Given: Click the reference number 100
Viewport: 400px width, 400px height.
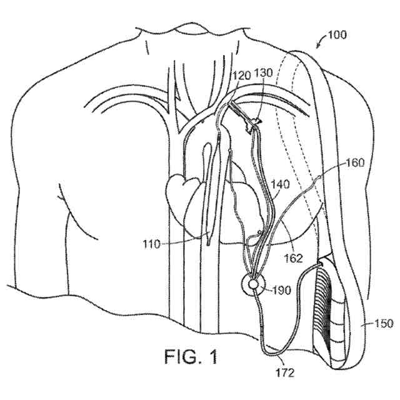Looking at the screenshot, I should [x=337, y=35].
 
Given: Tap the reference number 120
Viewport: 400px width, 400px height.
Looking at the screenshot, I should [x=242, y=75].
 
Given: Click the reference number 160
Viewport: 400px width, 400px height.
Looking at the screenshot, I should [x=355, y=164].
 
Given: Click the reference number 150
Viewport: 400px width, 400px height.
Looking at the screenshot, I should [x=384, y=323].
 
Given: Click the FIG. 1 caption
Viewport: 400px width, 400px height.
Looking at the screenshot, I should [x=192, y=357].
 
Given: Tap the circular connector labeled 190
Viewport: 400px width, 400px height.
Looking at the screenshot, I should [x=253, y=285].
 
